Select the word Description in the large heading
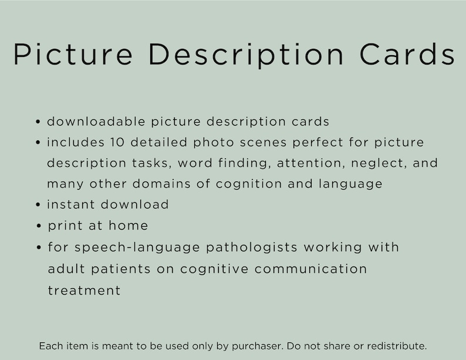click(x=246, y=55)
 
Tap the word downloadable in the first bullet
click(x=96, y=122)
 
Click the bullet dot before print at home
click(x=38, y=226)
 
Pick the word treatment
click(x=84, y=290)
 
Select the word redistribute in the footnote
click(x=394, y=346)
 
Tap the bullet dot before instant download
click(x=38, y=206)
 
